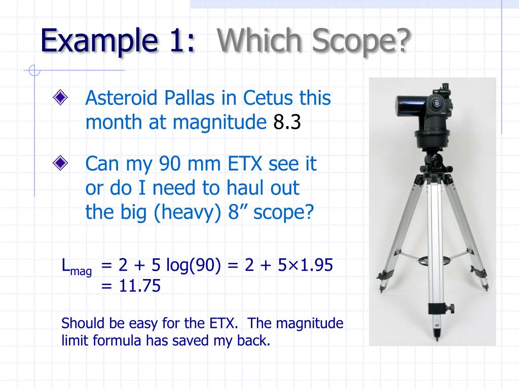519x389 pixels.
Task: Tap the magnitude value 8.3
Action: tap(287, 122)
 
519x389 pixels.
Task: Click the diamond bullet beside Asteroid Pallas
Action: tap(60, 98)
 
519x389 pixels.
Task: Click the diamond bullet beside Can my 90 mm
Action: tap(60, 164)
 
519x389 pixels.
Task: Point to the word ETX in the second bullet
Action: tap(245, 164)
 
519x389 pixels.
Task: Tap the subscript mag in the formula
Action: tap(81, 271)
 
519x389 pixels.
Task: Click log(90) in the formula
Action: tap(195, 265)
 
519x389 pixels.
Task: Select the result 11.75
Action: tap(140, 287)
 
